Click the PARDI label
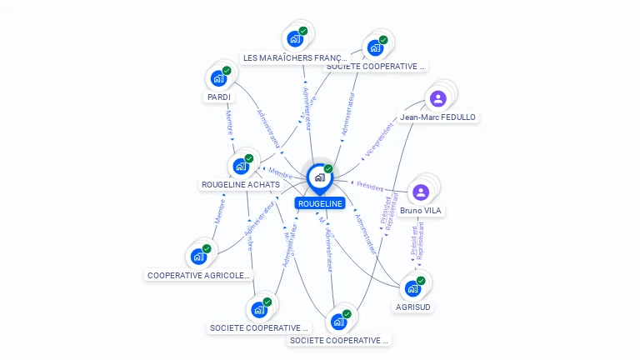click(x=219, y=97)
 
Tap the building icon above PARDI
click(x=218, y=78)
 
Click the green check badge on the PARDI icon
click(x=227, y=71)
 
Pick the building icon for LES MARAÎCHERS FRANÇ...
click(x=295, y=38)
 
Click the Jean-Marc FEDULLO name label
click(x=437, y=117)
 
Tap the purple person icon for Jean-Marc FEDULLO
click(x=437, y=98)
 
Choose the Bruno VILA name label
click(x=421, y=211)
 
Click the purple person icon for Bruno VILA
click(x=421, y=192)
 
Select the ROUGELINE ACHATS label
click(x=241, y=184)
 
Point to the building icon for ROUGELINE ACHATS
click(x=241, y=165)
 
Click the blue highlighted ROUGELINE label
click(x=320, y=203)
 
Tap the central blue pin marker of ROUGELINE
click(x=319, y=177)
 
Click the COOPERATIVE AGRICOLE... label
click(x=198, y=275)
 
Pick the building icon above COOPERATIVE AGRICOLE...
click(x=198, y=256)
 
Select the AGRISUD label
click(x=414, y=307)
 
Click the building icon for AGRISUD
click(x=412, y=288)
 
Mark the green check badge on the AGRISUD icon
click(x=421, y=281)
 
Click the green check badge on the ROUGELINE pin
click(x=328, y=169)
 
